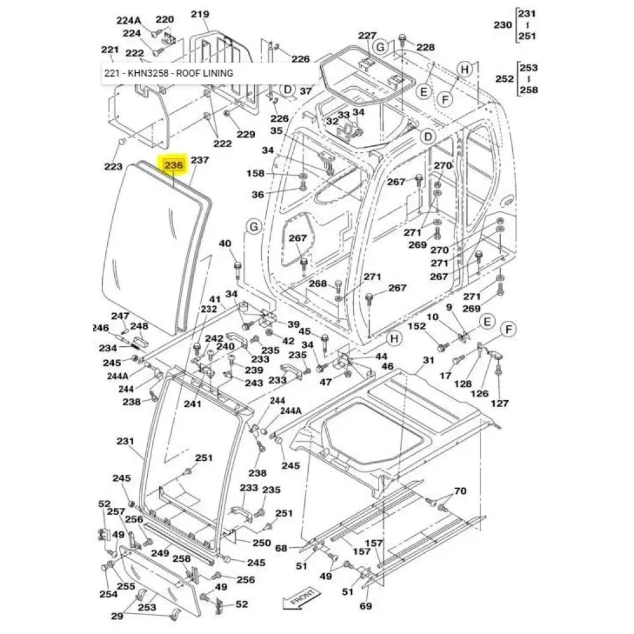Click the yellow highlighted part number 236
click(174, 165)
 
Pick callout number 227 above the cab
click(367, 35)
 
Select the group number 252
click(504, 79)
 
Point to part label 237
click(199, 160)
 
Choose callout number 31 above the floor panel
click(429, 360)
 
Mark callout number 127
click(500, 403)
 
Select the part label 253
click(148, 607)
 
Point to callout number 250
click(262, 543)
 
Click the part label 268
click(317, 283)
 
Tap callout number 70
click(460, 490)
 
